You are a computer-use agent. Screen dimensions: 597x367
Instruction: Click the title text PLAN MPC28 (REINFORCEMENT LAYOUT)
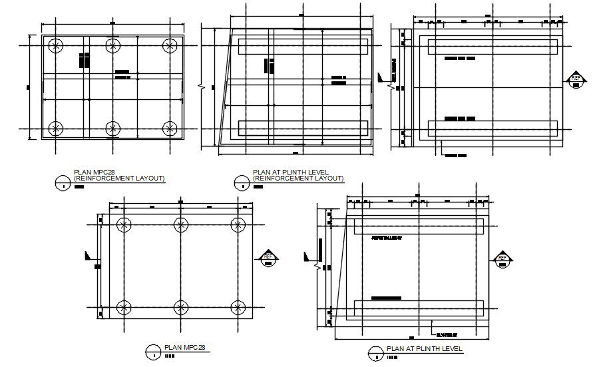pos(119,175)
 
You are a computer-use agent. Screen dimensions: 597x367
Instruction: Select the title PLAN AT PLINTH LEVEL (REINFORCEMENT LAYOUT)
pos(298,175)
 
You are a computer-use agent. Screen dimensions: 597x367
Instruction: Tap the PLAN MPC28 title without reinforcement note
pos(184,347)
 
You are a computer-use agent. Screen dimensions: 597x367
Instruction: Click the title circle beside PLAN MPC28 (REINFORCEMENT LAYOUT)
pos(63,181)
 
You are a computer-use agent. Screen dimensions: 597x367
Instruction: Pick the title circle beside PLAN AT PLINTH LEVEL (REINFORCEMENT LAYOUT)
pos(241,181)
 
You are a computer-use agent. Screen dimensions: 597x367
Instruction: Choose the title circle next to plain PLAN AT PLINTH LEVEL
pos(376,352)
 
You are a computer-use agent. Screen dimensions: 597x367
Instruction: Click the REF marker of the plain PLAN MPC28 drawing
pos(268,256)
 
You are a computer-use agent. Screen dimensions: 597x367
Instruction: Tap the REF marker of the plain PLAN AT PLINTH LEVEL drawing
pos(502,258)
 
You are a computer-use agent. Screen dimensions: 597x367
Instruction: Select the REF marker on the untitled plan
pos(576,80)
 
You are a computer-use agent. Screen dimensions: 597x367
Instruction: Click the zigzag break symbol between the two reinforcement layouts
pos(201,86)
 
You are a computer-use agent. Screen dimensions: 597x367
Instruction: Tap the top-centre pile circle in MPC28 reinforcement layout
pos(113,45)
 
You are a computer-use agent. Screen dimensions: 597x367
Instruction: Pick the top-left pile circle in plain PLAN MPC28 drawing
pos(124,224)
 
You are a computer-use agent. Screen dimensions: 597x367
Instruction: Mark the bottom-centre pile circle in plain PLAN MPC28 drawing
pos(180,307)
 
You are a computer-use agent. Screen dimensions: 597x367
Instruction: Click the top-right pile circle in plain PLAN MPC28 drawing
pos(238,224)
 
